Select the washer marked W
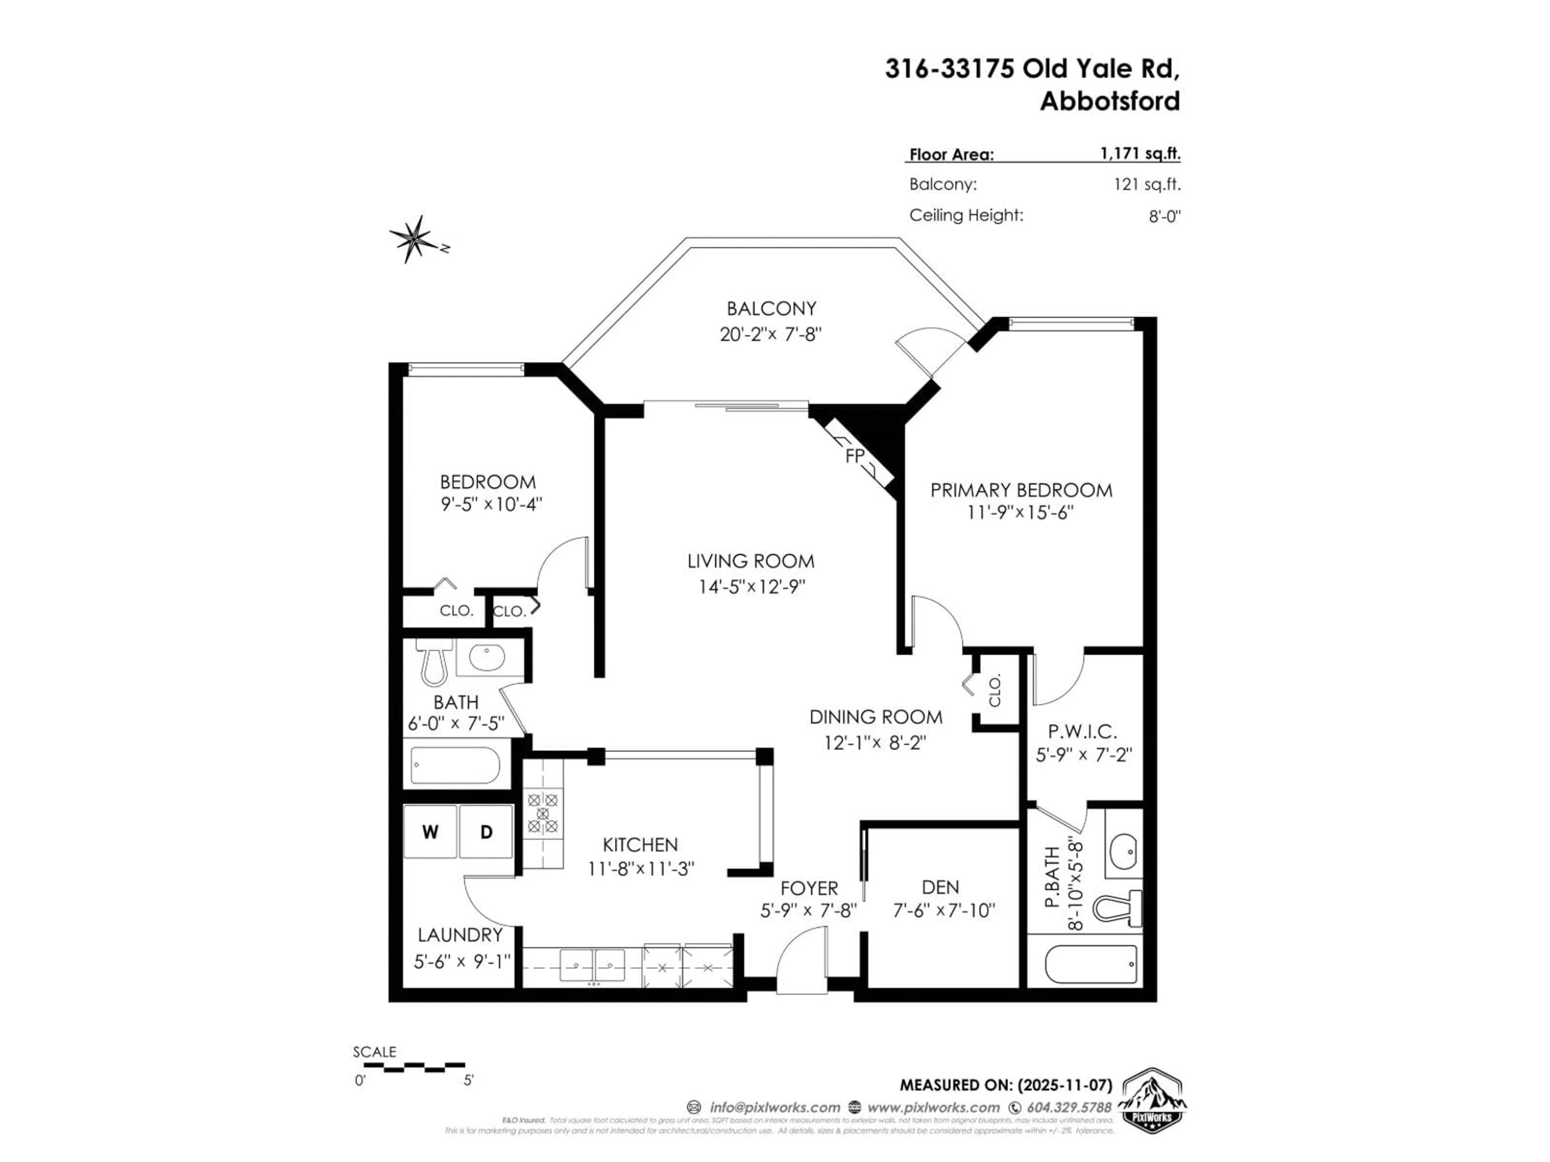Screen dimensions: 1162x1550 click(x=430, y=832)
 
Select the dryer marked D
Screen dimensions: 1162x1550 click(x=486, y=832)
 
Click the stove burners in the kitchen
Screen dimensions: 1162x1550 click(x=543, y=813)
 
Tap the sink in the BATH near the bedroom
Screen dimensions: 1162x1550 click(x=486, y=658)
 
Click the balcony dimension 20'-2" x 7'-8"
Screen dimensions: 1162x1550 click(x=770, y=334)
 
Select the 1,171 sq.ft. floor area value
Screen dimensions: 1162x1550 click(x=1140, y=153)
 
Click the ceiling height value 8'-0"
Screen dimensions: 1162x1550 click(x=1164, y=216)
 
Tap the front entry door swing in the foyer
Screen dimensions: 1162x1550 click(x=801, y=959)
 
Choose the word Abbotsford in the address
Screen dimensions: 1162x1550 click(x=1109, y=102)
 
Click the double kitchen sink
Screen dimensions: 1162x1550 click(x=592, y=965)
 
